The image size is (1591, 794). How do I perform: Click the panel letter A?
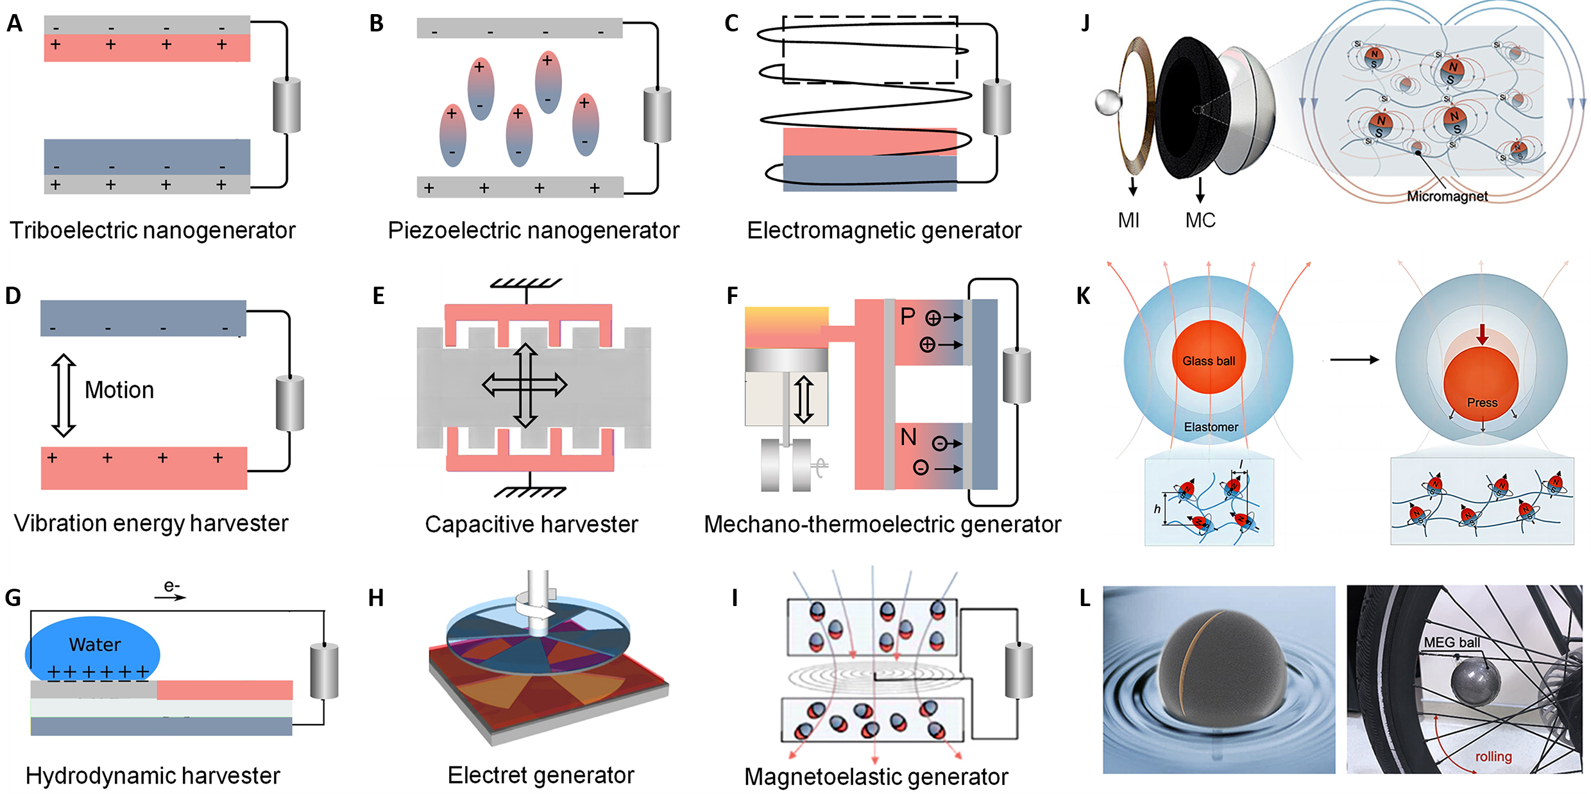pos(14,24)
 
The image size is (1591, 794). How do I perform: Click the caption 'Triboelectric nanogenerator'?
pos(153,230)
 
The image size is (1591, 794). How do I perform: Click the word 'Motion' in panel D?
pos(119,390)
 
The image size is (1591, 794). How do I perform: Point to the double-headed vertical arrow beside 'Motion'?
pos(64,395)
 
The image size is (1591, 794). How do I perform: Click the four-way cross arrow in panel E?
pos(525,385)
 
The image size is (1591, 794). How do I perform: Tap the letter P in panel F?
pos(908,316)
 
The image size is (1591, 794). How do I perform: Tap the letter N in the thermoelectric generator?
pos(908,437)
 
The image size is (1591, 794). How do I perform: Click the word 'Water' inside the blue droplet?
pos(95,645)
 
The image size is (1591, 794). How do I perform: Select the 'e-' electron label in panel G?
pos(171,586)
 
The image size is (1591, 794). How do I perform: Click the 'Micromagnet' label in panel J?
pos(1447,196)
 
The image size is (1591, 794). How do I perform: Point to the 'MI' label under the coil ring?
pos(1128,221)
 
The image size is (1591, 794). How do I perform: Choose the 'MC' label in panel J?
pos(1200,221)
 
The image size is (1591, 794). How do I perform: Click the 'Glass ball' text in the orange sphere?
pos(1209,361)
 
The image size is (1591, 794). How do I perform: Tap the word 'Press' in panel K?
pos(1482,403)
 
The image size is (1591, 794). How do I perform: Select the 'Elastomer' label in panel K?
pos(1211,427)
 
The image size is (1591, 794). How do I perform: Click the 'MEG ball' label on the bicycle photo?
pos(1452,642)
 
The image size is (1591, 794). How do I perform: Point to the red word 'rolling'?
pos(1493,756)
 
